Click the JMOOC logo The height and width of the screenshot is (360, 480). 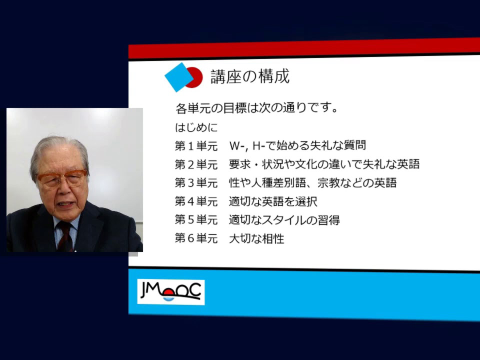click(171, 291)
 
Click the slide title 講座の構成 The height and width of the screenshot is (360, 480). click(250, 76)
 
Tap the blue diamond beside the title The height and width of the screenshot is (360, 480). click(179, 77)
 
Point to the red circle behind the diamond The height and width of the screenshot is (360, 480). click(194, 77)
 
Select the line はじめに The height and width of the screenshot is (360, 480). click(196, 127)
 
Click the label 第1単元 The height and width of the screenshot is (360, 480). click(196, 146)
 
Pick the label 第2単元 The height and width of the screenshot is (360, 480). click(196, 164)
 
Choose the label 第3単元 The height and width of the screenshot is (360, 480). click(196, 183)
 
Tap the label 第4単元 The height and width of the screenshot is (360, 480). click(196, 201)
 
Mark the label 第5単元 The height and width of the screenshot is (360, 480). click(196, 220)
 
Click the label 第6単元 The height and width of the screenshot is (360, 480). click(196, 238)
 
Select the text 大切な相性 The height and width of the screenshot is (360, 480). click(256, 239)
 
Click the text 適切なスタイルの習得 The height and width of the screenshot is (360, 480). click(284, 220)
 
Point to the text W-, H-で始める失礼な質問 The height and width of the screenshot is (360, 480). click(297, 145)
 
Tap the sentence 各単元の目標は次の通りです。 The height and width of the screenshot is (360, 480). click(256, 108)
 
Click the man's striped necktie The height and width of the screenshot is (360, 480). click(65, 237)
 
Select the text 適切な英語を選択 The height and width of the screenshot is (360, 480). click(273, 201)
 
